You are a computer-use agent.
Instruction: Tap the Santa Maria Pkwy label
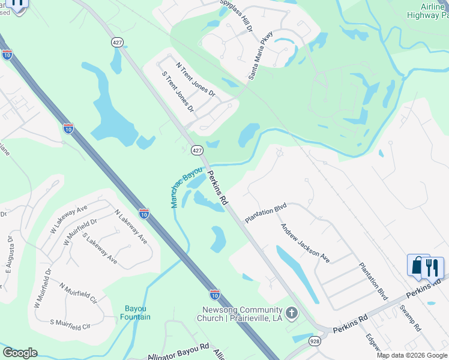click(261, 56)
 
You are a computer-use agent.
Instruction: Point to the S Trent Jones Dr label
click(178, 92)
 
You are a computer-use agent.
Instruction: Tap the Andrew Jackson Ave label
click(306, 244)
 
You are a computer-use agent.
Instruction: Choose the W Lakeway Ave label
click(71, 219)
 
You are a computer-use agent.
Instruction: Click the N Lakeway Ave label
click(131, 227)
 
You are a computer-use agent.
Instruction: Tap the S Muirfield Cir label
click(70, 324)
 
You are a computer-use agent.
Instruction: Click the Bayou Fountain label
click(135, 313)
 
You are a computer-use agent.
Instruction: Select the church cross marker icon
click(292, 313)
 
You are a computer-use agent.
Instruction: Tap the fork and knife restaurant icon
click(432, 268)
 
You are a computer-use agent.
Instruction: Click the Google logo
click(20, 353)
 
